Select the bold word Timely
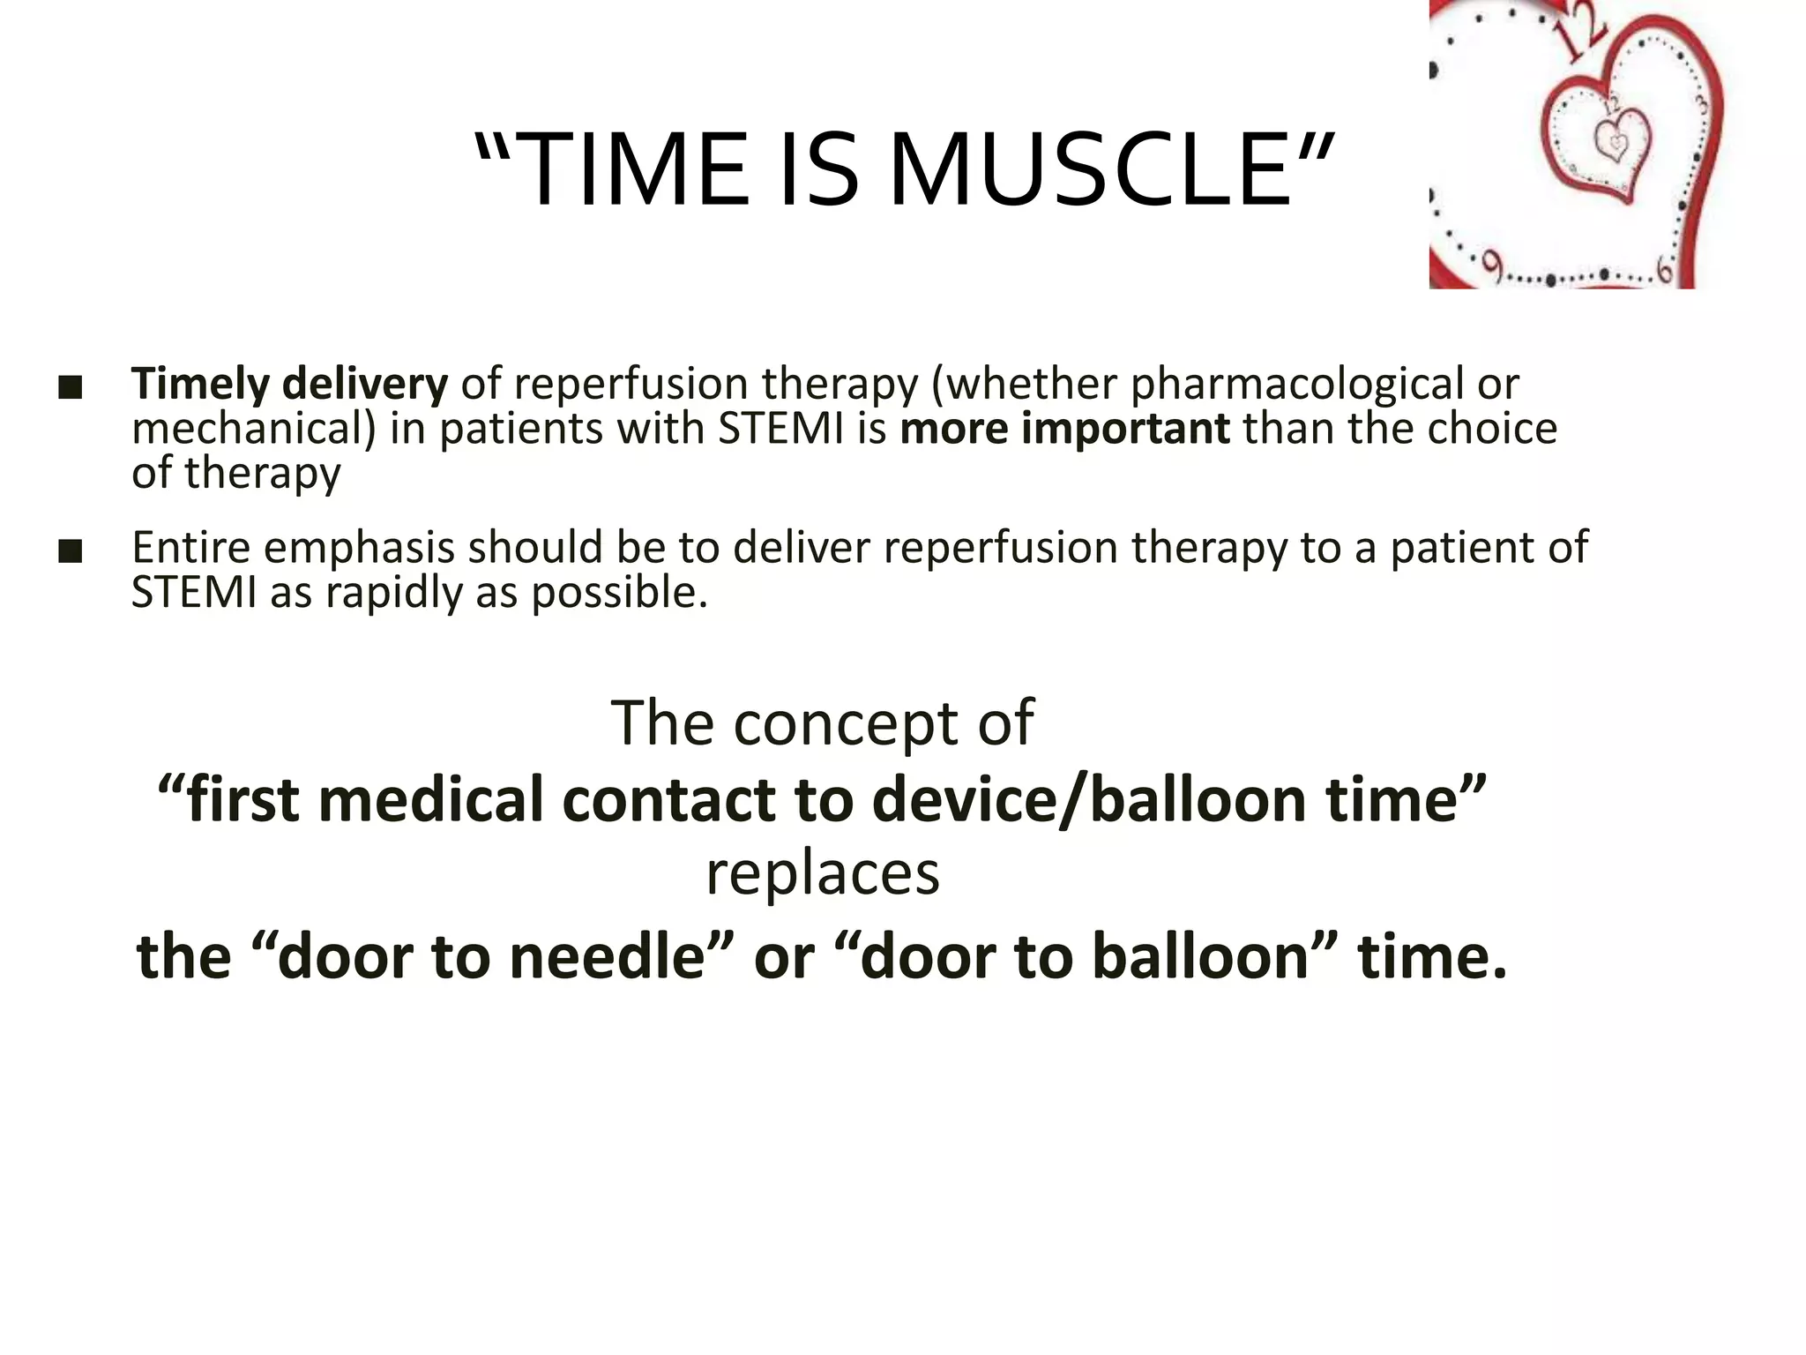tap(200, 385)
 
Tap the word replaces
tap(822, 875)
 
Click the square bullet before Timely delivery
tap(70, 387)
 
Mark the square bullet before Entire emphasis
tap(70, 551)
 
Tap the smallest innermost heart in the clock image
tap(1615, 141)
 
